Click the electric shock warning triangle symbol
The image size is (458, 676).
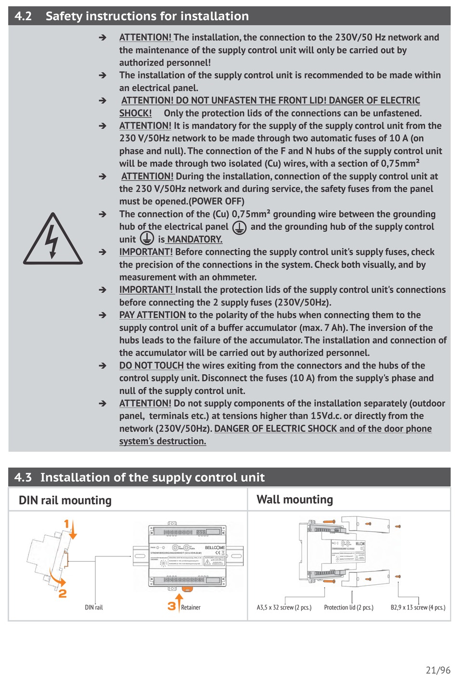(53, 240)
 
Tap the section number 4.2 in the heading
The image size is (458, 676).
(23, 16)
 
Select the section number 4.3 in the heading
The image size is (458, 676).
(23, 477)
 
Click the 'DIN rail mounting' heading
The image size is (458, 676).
(65, 500)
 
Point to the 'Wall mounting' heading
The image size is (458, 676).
(295, 500)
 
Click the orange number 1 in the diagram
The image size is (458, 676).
(67, 524)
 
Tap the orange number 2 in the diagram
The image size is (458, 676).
(63, 594)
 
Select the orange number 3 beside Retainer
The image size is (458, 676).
(172, 606)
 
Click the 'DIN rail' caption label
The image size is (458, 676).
(94, 608)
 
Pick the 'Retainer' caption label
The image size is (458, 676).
(190, 608)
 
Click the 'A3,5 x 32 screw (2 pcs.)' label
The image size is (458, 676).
(284, 608)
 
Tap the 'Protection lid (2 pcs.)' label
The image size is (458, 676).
(349, 608)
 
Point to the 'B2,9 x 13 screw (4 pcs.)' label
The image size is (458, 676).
(418, 608)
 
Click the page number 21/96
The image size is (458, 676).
(438, 670)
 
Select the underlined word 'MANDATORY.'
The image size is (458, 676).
(195, 239)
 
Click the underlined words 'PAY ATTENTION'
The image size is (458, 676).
(152, 315)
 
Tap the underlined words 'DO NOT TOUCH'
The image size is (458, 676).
(151, 365)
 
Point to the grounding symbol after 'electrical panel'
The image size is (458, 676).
(239, 227)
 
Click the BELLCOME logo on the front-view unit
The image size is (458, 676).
(215, 547)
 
